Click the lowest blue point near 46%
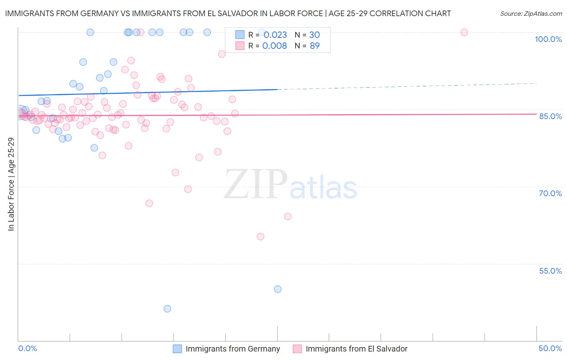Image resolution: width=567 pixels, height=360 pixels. tap(167, 309)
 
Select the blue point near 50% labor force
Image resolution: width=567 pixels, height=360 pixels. tap(277, 289)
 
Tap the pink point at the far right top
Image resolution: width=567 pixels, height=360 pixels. tap(464, 32)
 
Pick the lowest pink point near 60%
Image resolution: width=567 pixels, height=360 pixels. tap(261, 237)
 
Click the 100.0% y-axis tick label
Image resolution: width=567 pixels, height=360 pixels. tap(548, 39)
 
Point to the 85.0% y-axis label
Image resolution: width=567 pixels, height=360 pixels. tap(550, 116)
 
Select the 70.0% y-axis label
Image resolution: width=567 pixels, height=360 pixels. tap(550, 193)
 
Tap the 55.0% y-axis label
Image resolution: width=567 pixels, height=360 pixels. tap(550, 271)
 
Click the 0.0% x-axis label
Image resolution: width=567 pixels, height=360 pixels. tap(27, 348)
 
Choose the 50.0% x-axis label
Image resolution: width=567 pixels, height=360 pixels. tap(550, 348)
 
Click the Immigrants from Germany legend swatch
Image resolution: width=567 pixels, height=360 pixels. tap(177, 349)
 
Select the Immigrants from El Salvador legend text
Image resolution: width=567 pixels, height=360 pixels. tap(356, 349)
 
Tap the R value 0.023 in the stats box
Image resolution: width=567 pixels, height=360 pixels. tap(275, 35)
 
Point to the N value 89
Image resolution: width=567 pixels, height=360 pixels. tap(315, 46)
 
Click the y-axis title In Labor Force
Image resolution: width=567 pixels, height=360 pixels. tap(11, 184)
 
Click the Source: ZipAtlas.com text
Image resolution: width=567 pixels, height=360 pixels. tap(531, 14)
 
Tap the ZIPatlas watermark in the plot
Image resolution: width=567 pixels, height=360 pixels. tap(290, 185)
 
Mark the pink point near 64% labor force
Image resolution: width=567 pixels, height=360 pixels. tap(288, 216)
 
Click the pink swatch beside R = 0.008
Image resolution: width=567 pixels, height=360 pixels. tap(240, 46)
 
